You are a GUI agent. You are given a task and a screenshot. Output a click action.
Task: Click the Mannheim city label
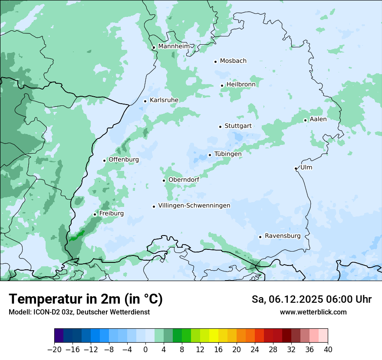(174, 46)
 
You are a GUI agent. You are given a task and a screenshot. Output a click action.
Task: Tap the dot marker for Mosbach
(215, 62)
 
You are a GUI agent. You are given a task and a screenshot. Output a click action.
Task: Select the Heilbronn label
(241, 85)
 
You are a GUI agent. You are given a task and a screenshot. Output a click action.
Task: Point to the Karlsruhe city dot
(145, 101)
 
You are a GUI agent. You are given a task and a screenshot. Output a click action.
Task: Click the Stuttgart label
(238, 126)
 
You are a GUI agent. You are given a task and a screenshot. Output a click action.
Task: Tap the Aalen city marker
(305, 120)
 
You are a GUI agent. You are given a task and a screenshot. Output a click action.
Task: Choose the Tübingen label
(227, 154)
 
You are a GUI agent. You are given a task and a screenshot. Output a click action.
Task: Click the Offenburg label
(124, 160)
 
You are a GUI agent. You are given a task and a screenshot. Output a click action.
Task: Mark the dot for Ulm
(296, 168)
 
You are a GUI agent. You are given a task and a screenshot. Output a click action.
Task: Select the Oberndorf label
(184, 180)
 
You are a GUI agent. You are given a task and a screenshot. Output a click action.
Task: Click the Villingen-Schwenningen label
(194, 206)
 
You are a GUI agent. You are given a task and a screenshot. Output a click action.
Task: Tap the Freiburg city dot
(95, 214)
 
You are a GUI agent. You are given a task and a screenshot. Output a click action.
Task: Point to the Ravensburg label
(283, 236)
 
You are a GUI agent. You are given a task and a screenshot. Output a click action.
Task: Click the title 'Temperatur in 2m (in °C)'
(86, 299)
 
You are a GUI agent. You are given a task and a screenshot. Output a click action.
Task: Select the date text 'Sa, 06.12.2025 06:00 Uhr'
(311, 299)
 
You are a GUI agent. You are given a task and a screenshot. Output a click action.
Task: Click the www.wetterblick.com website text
(313, 312)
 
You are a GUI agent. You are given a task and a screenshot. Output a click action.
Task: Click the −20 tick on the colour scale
(54, 350)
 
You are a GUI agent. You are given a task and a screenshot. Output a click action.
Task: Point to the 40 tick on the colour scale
(328, 350)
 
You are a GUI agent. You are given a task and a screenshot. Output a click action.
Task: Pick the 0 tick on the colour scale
(145, 350)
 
